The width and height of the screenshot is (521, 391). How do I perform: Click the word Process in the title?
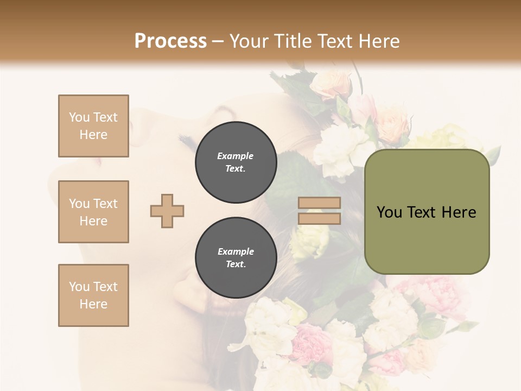170,41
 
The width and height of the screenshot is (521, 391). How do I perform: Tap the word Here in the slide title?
378,41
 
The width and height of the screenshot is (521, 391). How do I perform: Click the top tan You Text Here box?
93,126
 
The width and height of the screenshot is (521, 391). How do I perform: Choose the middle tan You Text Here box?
93,212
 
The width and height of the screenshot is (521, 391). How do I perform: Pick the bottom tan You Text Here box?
93,295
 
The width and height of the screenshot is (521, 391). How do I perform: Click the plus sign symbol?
167,211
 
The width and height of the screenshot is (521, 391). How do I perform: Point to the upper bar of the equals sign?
320,203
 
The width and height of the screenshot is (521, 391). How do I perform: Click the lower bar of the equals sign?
320,219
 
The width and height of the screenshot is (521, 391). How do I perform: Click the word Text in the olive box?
421,212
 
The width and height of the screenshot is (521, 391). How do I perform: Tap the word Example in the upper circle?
235,156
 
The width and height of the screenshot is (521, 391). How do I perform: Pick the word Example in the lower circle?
236,251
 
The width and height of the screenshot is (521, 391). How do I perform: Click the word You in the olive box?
389,212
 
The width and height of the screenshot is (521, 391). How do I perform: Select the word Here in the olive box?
459,212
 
